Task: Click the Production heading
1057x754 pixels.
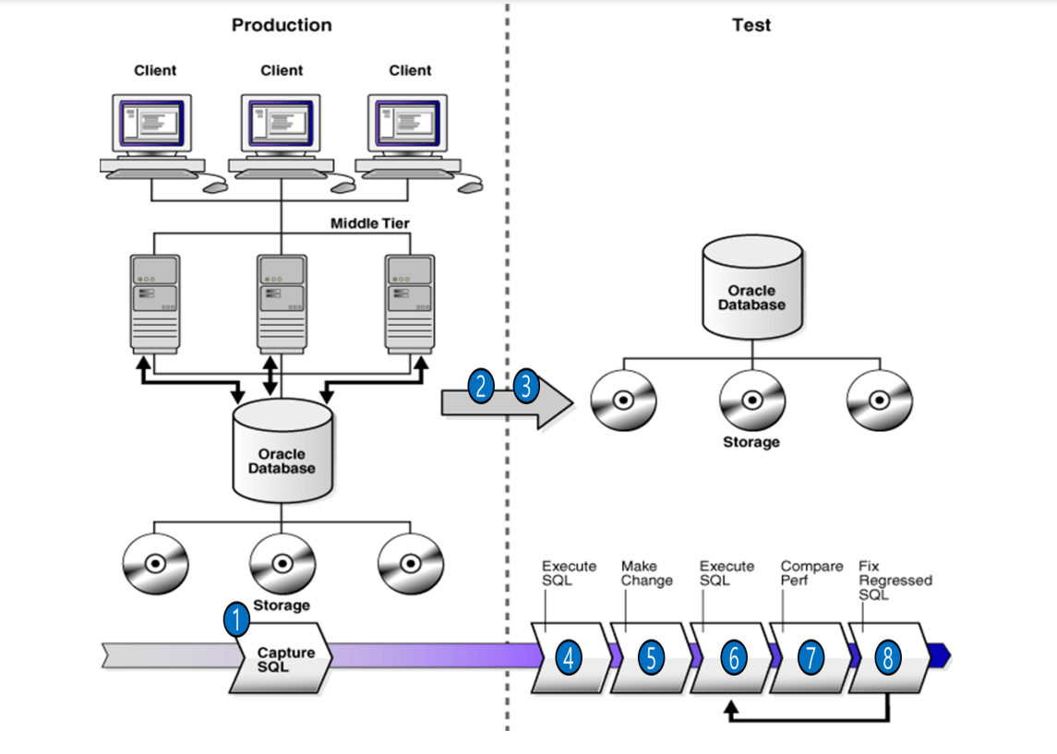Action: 282,25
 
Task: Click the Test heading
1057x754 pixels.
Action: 751,25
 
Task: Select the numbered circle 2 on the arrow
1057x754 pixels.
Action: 481,386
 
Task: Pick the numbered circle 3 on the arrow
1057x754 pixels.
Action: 526,386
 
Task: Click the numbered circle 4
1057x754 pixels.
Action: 569,657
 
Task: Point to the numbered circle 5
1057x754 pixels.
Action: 650,657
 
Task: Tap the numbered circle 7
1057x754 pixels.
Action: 811,657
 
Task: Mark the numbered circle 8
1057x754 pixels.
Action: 887,657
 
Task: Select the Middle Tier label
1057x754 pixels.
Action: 369,223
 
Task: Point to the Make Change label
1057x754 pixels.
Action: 646,573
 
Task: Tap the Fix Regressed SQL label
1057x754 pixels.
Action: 895,580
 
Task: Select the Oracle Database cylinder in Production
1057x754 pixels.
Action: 282,454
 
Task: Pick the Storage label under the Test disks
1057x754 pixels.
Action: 751,442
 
